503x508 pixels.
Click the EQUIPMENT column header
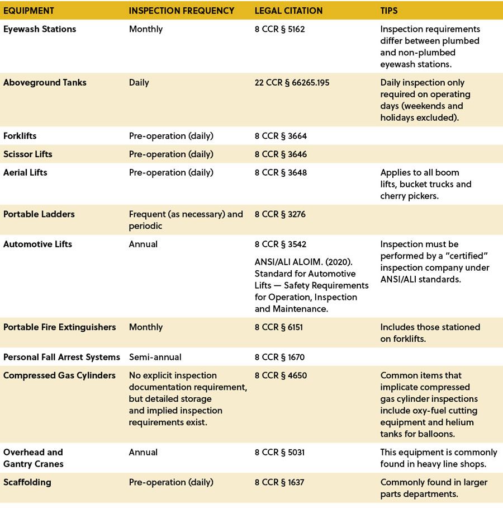coord(29,11)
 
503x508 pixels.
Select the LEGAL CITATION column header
coord(288,11)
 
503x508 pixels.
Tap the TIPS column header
coord(389,11)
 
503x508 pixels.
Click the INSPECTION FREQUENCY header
coord(182,11)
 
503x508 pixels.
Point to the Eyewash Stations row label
coord(40,29)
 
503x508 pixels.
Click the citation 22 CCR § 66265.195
coord(292,83)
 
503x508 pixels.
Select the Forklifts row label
coord(20,136)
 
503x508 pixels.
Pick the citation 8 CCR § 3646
coord(281,154)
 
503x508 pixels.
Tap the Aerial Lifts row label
coord(25,172)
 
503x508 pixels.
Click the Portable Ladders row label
coord(39,214)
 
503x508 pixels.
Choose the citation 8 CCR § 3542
coord(281,244)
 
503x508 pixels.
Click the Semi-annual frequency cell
coord(155,357)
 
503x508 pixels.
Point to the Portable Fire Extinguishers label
coord(60,327)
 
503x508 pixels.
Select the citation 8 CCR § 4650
coord(281,375)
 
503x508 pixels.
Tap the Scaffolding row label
coord(27,482)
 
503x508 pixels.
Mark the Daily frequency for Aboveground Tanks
coord(139,83)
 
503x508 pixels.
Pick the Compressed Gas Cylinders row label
coord(59,375)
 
